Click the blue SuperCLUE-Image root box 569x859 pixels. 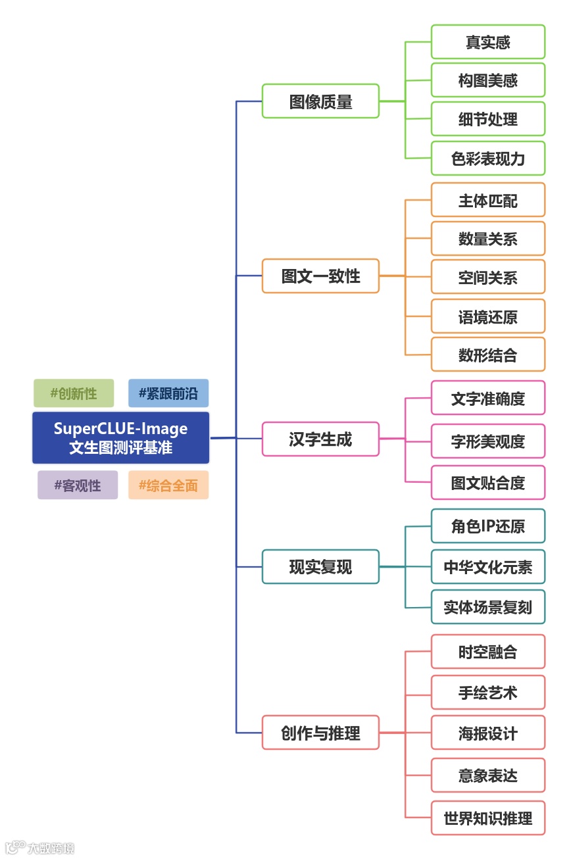[120, 438]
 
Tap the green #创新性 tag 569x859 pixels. [74, 393]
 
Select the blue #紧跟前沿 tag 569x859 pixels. [168, 393]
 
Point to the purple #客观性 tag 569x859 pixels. [78, 485]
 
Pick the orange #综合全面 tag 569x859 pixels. [168, 485]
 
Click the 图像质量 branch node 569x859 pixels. [320, 101]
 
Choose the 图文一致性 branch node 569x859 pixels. [320, 276]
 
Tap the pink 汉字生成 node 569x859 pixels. [320, 439]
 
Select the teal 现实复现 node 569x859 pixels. [320, 566]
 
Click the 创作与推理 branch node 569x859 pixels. [320, 732]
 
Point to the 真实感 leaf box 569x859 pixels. [488, 42]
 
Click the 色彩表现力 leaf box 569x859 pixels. [488, 159]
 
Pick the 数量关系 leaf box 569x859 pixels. [488, 239]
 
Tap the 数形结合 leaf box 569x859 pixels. [488, 355]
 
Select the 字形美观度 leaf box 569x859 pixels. [488, 441]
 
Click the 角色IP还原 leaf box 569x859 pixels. [488, 526]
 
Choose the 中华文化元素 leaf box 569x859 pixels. [488, 567]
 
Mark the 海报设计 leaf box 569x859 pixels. [488, 733]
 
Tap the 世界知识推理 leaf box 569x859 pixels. [488, 818]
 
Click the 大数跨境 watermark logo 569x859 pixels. [39, 847]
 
